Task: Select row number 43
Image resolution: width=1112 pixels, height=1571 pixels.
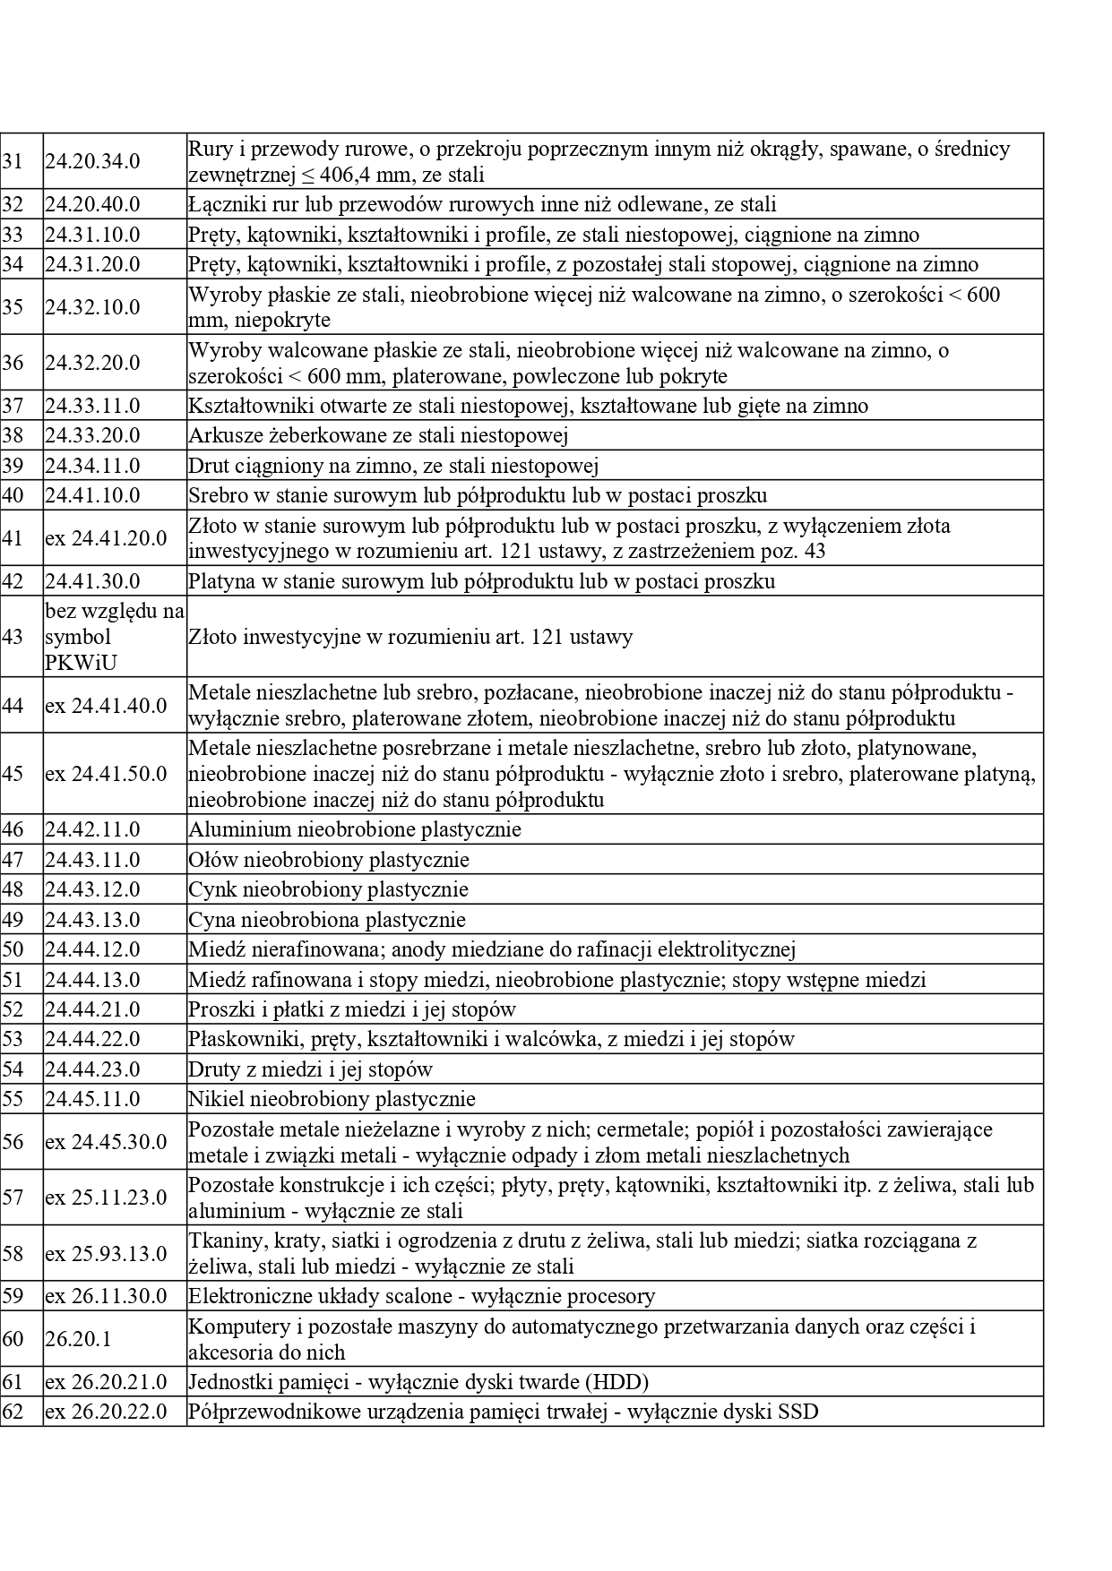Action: click(x=13, y=637)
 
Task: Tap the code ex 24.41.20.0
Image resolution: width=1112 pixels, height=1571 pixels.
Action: click(x=106, y=538)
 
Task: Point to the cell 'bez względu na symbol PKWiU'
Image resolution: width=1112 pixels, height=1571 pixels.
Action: click(x=115, y=637)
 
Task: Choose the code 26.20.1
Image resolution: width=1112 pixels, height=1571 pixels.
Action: click(x=78, y=1339)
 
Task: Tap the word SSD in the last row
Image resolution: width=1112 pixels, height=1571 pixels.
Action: click(x=798, y=1412)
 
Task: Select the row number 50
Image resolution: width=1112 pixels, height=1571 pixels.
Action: click(x=13, y=949)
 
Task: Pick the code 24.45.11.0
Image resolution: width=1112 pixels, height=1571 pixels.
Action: click(x=92, y=1099)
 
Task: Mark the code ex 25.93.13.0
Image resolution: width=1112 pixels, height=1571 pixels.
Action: click(x=106, y=1253)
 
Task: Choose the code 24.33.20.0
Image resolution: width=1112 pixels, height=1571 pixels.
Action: click(x=92, y=435)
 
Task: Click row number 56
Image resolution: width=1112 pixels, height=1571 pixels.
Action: click(x=13, y=1142)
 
